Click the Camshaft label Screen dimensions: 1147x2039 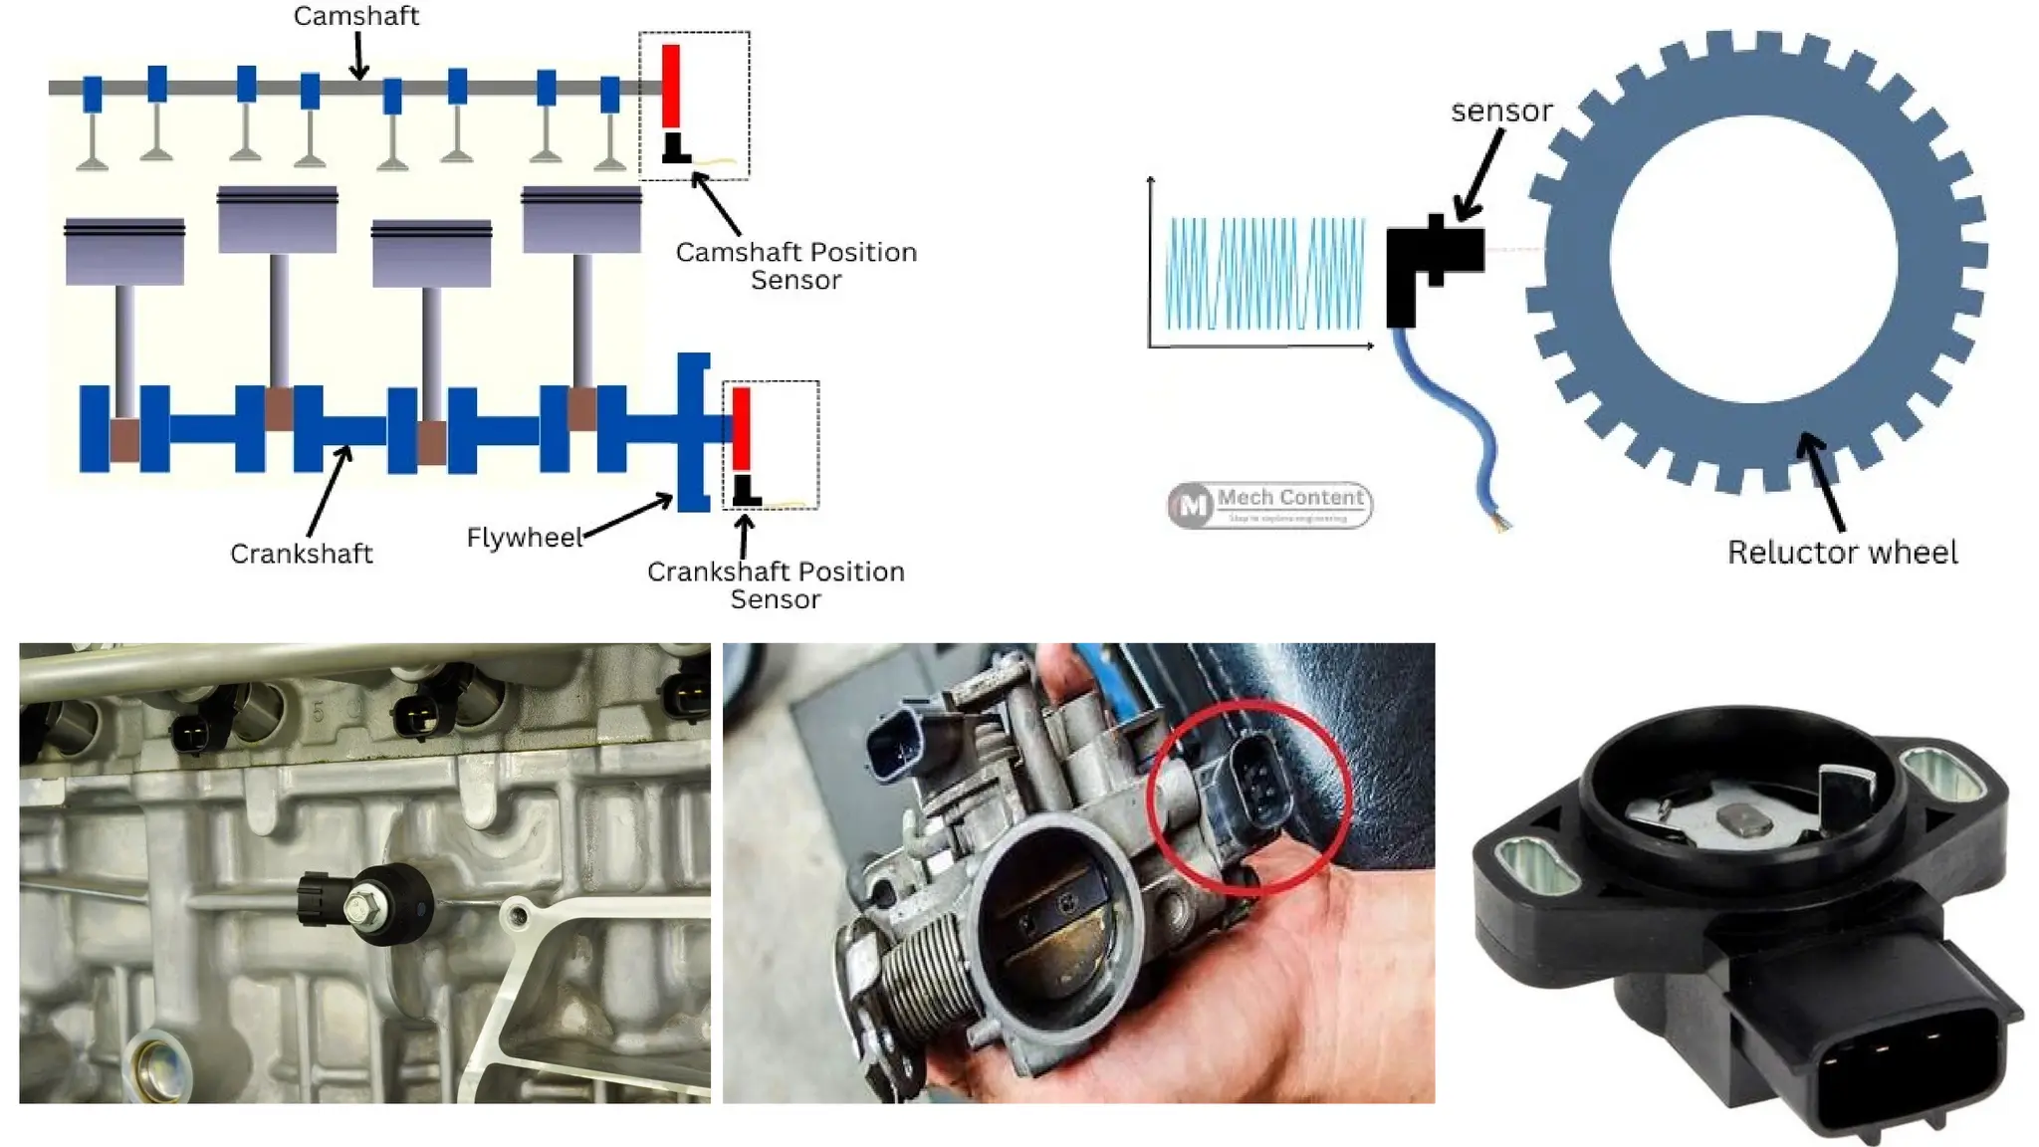click(x=355, y=16)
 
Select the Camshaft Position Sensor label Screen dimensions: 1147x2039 click(x=795, y=266)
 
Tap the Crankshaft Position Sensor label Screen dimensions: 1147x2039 click(x=776, y=584)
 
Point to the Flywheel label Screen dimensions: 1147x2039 click(x=524, y=538)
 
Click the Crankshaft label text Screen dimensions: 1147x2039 click(x=301, y=554)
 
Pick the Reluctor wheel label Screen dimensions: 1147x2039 click(x=1842, y=553)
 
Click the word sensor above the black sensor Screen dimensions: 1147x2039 click(x=1501, y=111)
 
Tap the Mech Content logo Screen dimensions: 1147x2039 click(x=1269, y=505)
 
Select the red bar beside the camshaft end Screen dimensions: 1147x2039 click(x=671, y=86)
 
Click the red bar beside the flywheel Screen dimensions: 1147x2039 click(x=741, y=428)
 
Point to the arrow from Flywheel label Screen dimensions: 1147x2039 click(x=627, y=517)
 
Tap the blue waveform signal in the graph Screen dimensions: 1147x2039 click(x=1265, y=274)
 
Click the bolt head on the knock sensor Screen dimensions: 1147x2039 click(x=357, y=907)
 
